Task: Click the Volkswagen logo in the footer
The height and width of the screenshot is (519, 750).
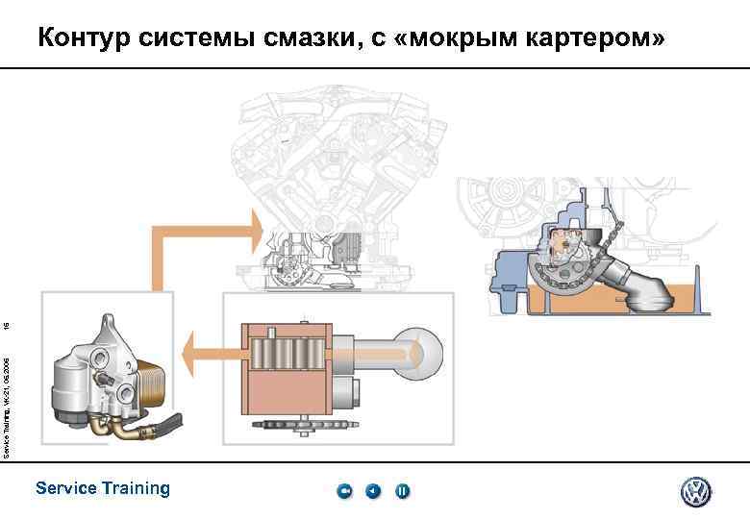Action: click(695, 492)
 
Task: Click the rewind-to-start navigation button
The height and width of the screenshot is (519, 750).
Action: click(344, 492)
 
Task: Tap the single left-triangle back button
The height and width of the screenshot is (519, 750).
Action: click(373, 492)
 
